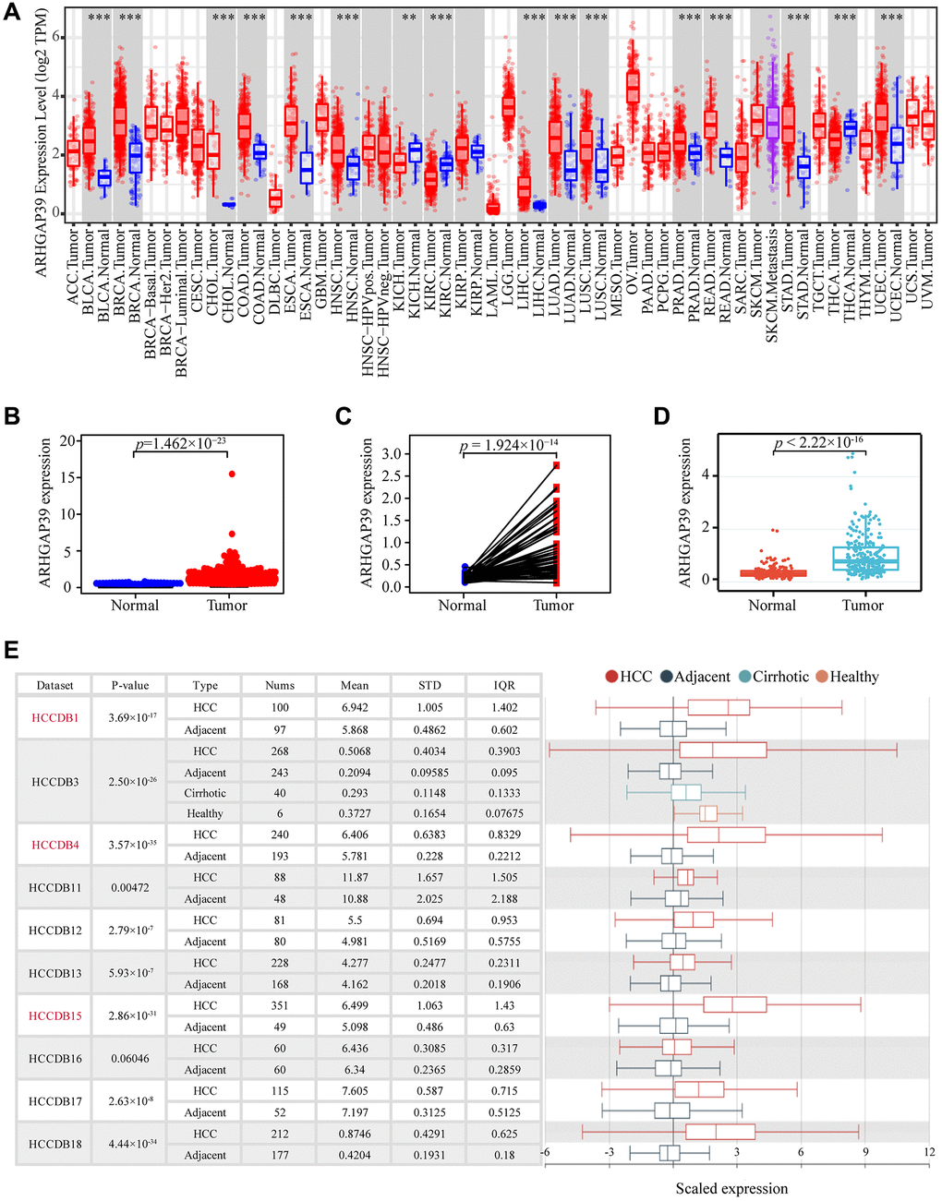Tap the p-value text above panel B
tap(182, 444)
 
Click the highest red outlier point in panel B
tap(232, 474)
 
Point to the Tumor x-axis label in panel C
tap(553, 606)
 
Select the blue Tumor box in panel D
tap(864, 558)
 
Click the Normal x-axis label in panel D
tap(772, 606)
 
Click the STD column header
tap(429, 685)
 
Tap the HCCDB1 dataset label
tap(55, 718)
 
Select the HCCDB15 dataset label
tap(55, 1016)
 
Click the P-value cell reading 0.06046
tap(130, 1059)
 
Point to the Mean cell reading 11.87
tap(355, 878)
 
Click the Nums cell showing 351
tap(280, 1006)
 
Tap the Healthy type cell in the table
tap(205, 813)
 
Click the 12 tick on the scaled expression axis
tap(928, 1152)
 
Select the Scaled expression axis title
tap(731, 1189)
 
